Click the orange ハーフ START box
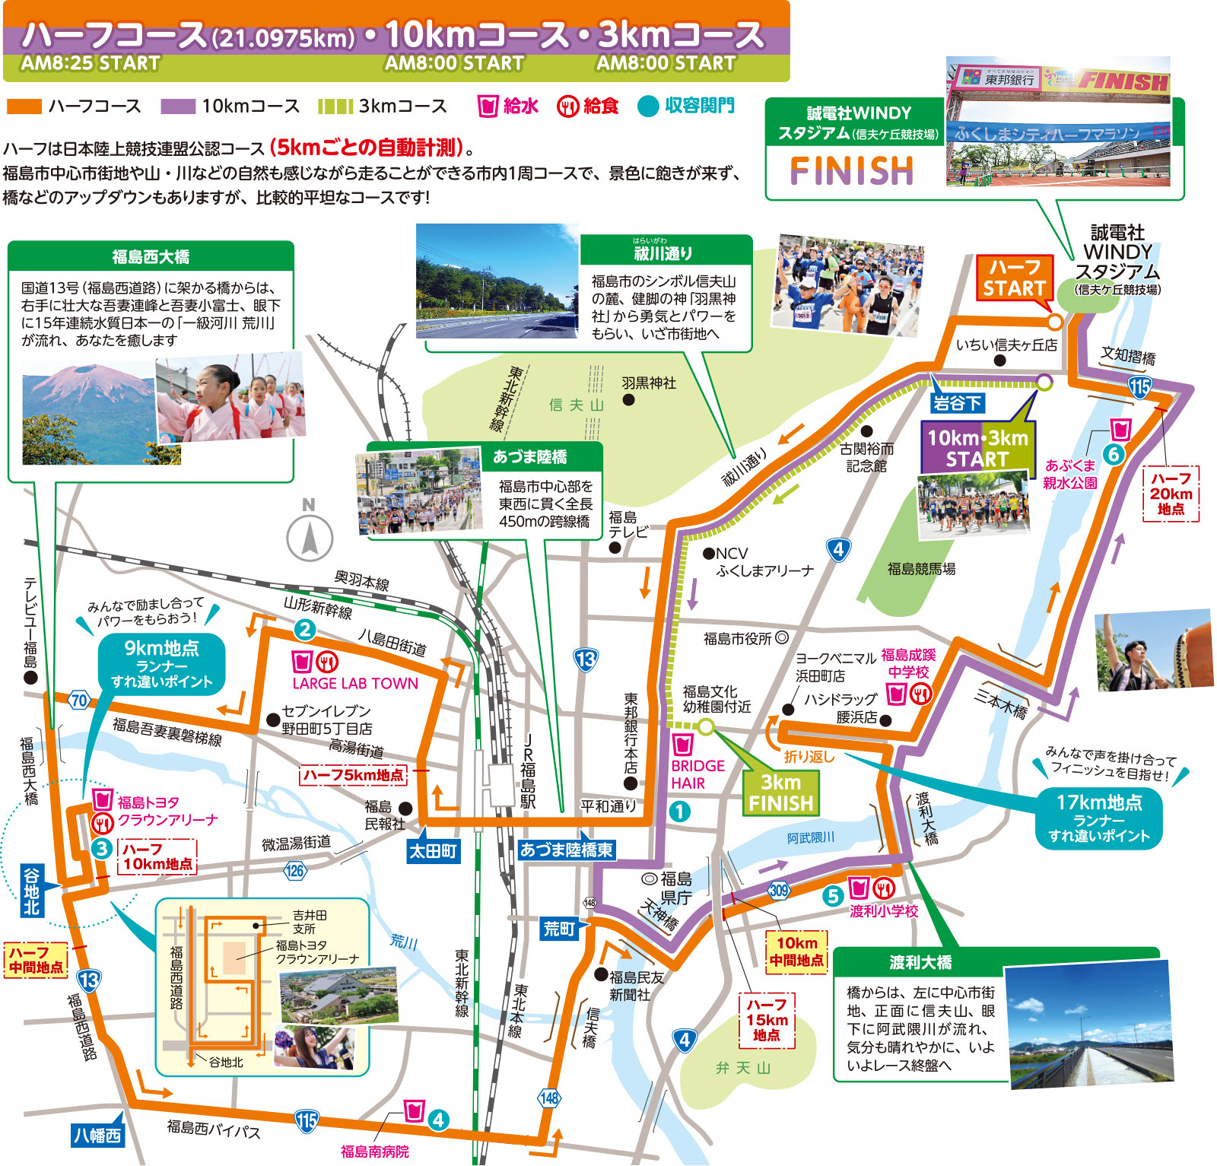1013,278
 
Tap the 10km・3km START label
977,448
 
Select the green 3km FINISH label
780,793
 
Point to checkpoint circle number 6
1114,455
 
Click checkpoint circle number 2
305,629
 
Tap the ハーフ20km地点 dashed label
1171,494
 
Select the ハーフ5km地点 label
353,775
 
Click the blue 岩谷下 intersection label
958,403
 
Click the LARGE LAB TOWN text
355,683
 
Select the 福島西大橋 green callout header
151,257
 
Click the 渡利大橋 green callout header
920,962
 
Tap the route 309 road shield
779,890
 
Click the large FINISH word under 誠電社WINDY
851,170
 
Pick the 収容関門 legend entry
688,106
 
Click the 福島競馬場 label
921,568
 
